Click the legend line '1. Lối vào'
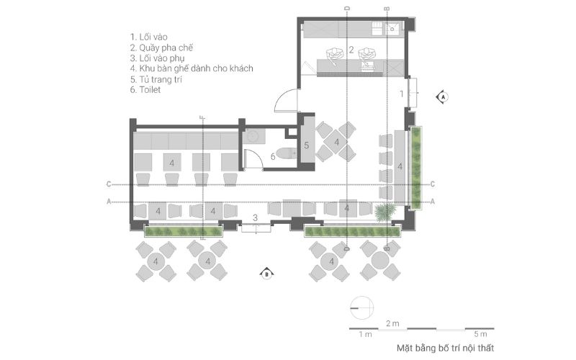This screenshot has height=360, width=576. click(x=149, y=37)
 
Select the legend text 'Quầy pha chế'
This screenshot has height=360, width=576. click(x=166, y=48)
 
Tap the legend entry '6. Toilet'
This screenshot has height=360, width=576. click(x=145, y=90)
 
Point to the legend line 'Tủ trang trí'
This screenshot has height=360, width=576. click(x=161, y=79)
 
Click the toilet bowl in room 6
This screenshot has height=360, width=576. click(x=286, y=153)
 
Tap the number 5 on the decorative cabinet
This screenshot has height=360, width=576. click(x=307, y=145)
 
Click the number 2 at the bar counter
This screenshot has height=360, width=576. click(x=351, y=50)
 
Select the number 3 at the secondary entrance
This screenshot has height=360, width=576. click(x=256, y=218)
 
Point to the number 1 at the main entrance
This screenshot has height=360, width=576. click(x=402, y=94)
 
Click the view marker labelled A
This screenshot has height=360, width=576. click(x=443, y=97)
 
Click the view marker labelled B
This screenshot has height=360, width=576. click(x=267, y=274)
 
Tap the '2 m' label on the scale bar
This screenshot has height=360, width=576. click(x=392, y=323)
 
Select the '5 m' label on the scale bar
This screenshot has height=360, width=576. click(x=480, y=334)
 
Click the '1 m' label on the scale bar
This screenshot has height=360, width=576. click(x=366, y=334)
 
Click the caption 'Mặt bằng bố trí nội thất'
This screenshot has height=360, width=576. click(x=445, y=348)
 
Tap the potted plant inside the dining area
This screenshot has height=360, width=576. click(x=385, y=212)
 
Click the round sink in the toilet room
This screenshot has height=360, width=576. click(x=253, y=136)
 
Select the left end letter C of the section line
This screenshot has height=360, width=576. click(x=109, y=184)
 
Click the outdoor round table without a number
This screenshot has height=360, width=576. click(x=380, y=261)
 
